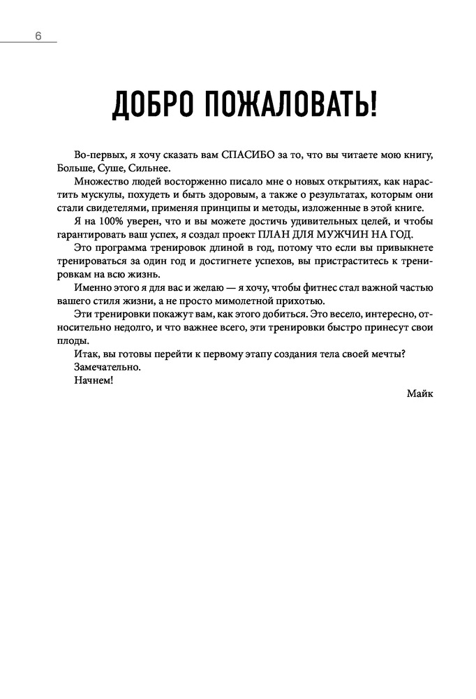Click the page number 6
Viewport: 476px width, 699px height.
click(39, 36)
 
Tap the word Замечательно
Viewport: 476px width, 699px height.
click(106, 367)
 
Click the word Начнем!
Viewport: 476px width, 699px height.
click(92, 380)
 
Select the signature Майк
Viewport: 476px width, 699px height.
click(419, 394)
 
